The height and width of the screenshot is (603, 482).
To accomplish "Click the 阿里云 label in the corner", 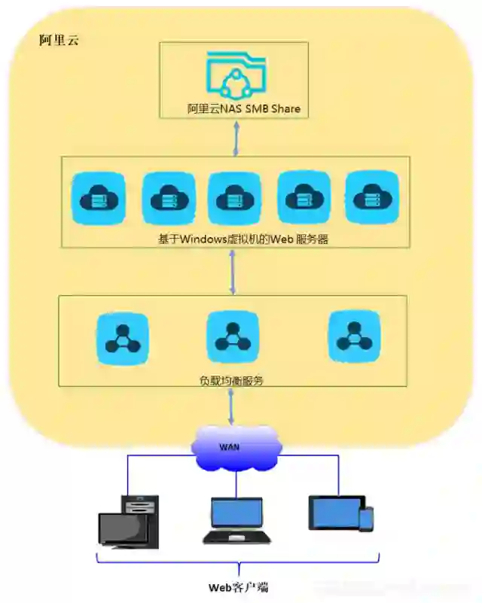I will [x=59, y=41].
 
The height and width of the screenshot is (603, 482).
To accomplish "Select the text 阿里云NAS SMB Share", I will [x=243, y=108].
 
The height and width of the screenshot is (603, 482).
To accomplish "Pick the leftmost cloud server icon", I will [x=97, y=198].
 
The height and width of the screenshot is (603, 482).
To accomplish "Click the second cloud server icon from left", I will [x=166, y=198].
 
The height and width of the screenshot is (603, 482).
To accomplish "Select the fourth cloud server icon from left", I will [x=304, y=198].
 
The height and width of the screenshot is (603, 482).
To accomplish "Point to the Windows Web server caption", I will [x=243, y=240].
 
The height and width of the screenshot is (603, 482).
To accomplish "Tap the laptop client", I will [x=236, y=520].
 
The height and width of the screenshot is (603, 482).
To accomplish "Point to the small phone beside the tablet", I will [x=366, y=519].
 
